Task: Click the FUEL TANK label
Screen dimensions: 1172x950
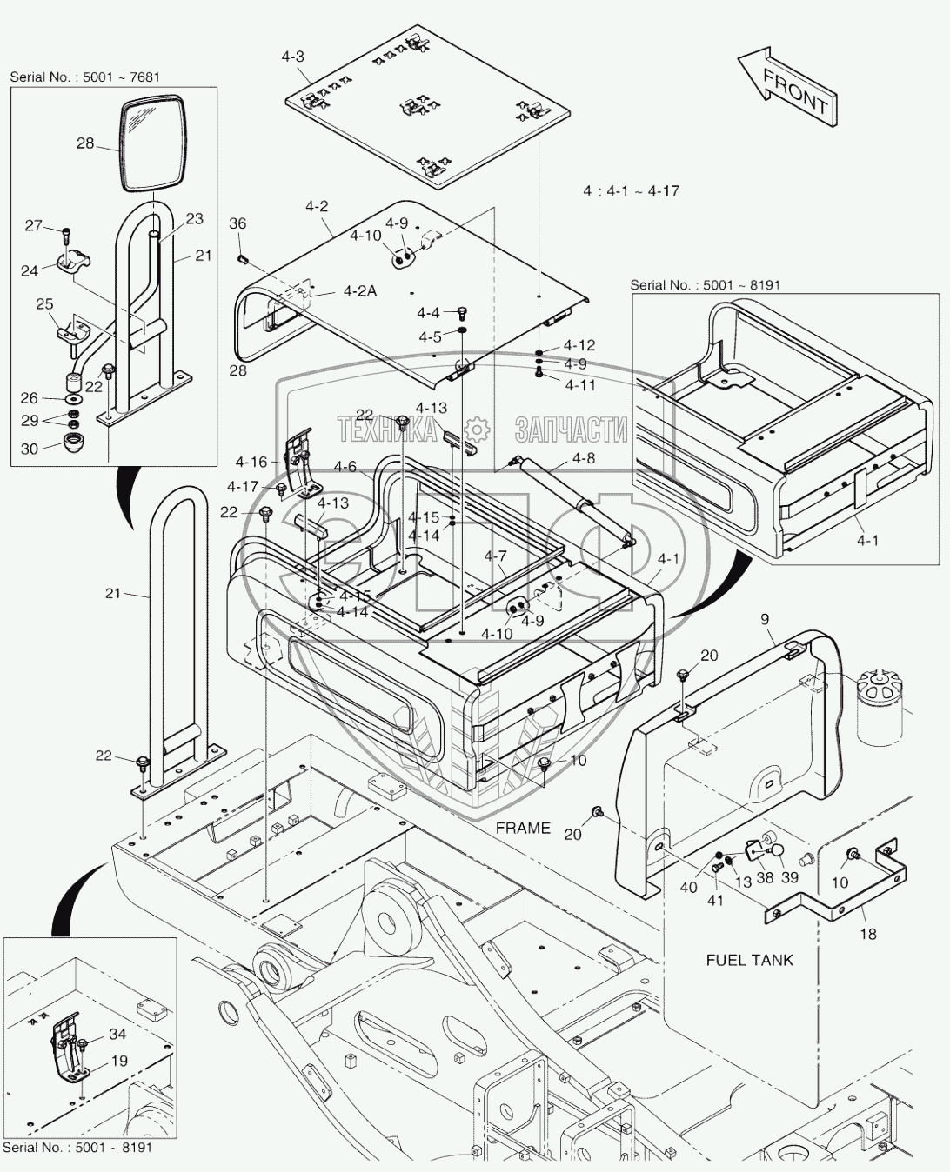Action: tap(749, 960)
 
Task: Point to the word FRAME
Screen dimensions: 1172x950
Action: tap(523, 828)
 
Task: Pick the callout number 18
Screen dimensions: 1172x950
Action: tap(867, 934)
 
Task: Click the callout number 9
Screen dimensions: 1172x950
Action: tap(765, 620)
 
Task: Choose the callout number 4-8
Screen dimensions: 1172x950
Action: tap(584, 458)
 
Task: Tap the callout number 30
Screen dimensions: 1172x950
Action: tap(30, 449)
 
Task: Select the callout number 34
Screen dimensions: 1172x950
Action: tap(117, 1034)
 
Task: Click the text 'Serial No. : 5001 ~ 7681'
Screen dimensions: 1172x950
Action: tap(85, 77)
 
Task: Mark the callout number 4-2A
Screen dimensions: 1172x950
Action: tap(359, 291)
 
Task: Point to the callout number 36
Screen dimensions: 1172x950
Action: tap(237, 223)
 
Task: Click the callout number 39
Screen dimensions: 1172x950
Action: tap(790, 877)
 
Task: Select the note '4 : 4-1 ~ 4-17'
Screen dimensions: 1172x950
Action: tap(631, 190)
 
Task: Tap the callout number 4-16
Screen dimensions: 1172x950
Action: tap(251, 463)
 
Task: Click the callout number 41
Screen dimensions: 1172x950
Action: tap(715, 901)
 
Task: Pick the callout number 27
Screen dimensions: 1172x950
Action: tap(33, 226)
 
